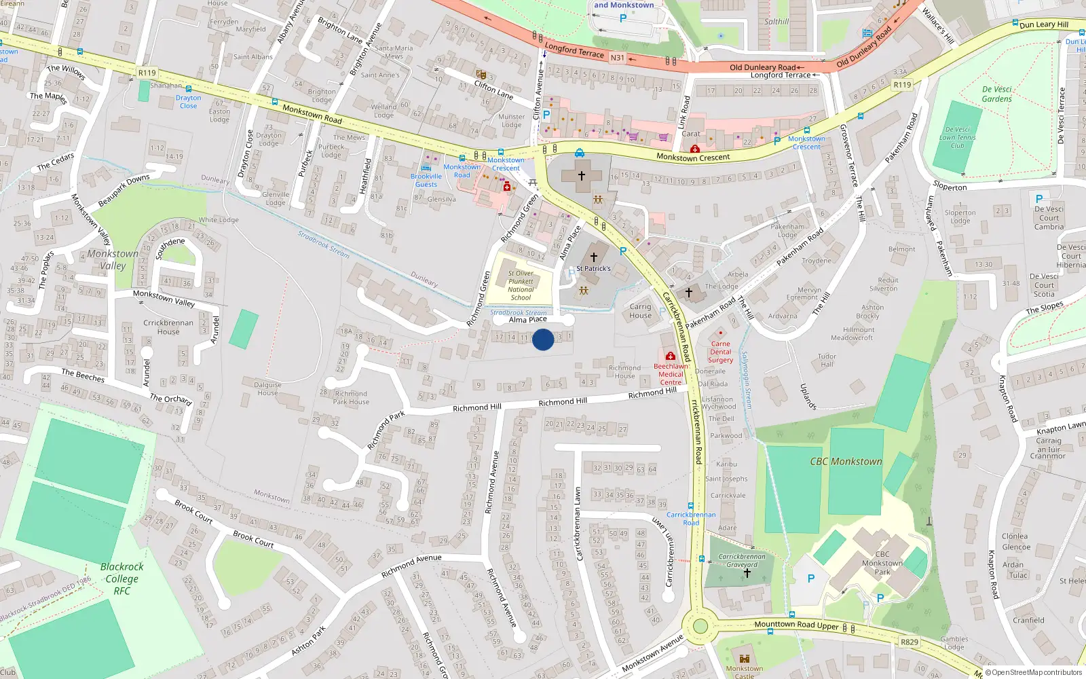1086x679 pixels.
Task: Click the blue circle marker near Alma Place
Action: click(543, 339)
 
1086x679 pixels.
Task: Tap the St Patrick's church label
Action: click(594, 269)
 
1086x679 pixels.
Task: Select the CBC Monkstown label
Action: click(846, 462)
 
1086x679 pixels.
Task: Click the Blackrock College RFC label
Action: click(121, 579)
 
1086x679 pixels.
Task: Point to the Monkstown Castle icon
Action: click(745, 659)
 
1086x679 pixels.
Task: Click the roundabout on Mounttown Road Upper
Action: click(700, 626)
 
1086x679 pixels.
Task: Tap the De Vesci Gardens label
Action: click(996, 94)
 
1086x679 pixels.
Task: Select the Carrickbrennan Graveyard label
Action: click(742, 560)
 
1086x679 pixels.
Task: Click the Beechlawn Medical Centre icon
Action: click(671, 356)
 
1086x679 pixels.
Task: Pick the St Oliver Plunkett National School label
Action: click(521, 285)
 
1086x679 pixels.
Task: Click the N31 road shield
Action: click(617, 58)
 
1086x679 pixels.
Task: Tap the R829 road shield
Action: click(910, 642)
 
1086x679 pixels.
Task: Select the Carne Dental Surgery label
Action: click(721, 352)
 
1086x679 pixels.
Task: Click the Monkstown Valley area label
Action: click(113, 259)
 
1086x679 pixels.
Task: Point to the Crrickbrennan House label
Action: click(168, 327)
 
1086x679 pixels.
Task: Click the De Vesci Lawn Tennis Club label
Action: click(957, 137)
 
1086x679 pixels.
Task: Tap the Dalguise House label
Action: click(267, 388)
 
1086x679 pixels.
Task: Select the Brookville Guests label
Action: click(426, 180)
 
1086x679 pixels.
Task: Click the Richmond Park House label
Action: click(351, 398)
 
